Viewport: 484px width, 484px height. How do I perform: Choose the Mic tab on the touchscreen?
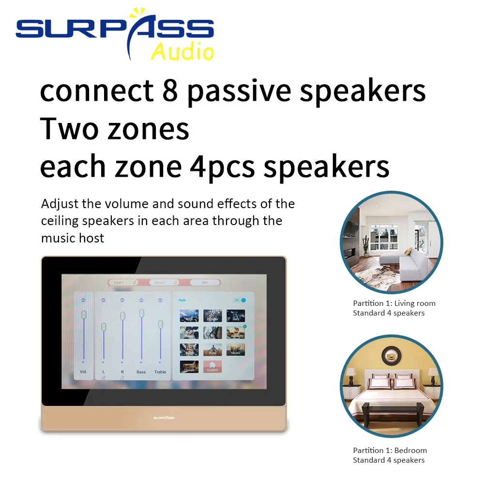pos(205,282)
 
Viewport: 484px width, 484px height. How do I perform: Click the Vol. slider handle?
pos(84,315)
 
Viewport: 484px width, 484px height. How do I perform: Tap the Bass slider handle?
pos(141,313)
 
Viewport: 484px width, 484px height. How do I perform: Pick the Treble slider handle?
pos(160,325)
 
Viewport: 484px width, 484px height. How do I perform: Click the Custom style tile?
pos(212,366)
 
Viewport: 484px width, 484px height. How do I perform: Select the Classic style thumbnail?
pos(189,366)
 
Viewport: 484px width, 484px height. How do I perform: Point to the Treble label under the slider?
pos(160,372)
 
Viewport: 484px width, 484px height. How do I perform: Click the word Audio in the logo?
pos(182,51)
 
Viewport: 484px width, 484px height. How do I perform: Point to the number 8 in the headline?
pos(170,91)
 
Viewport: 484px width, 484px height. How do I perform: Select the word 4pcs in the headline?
pos(222,166)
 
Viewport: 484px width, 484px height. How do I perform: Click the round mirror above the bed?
pos(391,356)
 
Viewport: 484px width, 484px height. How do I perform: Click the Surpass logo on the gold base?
pos(164,417)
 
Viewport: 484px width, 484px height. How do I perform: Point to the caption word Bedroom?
pos(410,451)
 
